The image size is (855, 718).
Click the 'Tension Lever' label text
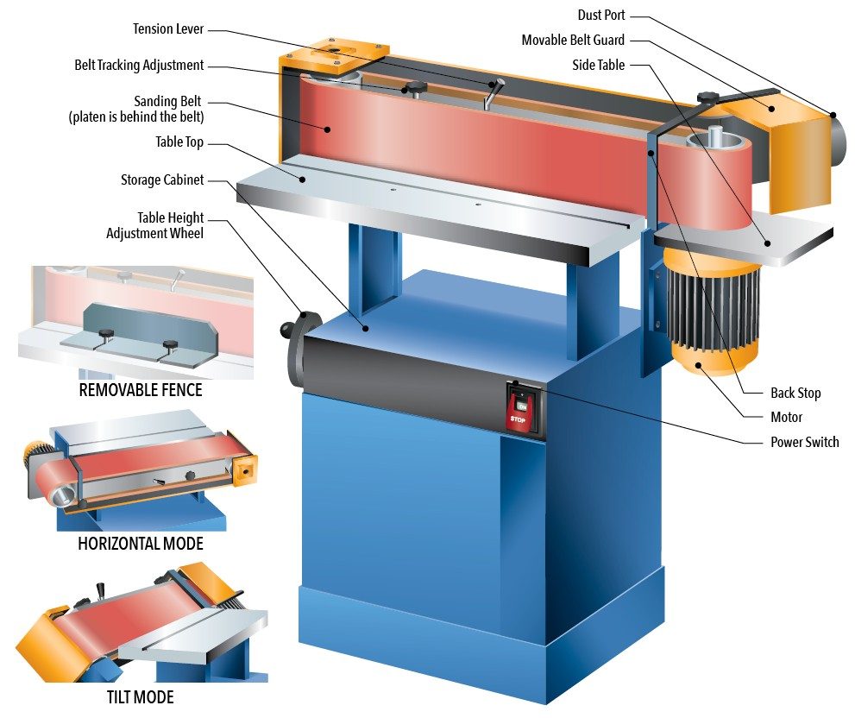tap(168, 28)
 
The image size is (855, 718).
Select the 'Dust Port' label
tap(601, 16)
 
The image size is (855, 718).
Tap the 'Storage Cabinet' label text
tap(162, 180)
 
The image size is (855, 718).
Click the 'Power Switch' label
tap(804, 442)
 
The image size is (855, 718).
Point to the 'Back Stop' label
tap(795, 393)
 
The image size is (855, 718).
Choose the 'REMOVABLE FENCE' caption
tap(141, 390)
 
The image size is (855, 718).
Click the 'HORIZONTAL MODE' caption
tap(141, 544)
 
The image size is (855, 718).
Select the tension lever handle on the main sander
tap(493, 91)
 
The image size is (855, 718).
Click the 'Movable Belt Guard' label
tap(573, 41)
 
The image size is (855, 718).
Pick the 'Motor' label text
tap(786, 417)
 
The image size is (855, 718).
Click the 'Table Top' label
tap(179, 142)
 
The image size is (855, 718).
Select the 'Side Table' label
tap(599, 65)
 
